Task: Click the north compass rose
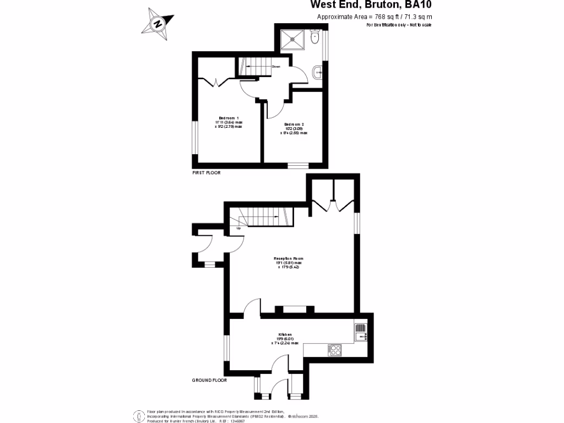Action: [x=158, y=24]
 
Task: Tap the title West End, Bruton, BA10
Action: [x=371, y=6]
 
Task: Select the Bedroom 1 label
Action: [x=229, y=118]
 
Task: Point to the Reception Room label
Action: [x=289, y=258]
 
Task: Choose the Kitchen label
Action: [x=284, y=334]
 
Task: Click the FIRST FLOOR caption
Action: [x=206, y=173]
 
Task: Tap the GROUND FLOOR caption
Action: [x=209, y=380]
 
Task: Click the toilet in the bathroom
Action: [x=314, y=38]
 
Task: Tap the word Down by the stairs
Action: [x=276, y=67]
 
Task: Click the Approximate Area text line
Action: [x=375, y=17]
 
